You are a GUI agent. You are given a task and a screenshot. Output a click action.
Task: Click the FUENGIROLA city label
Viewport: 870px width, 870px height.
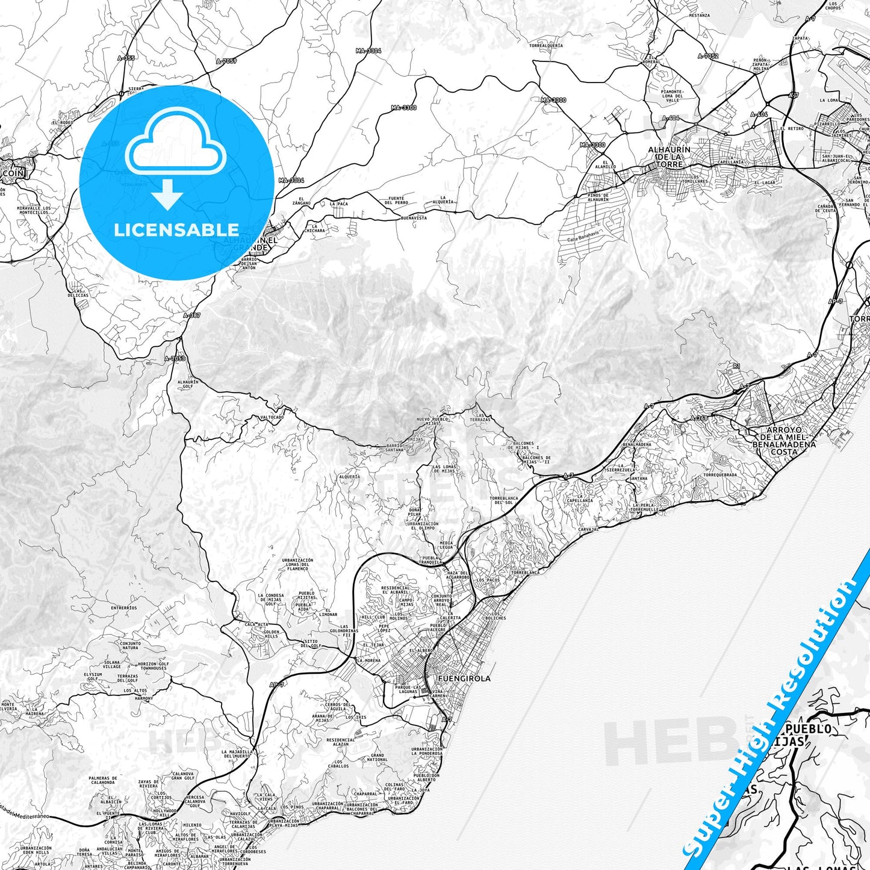464,679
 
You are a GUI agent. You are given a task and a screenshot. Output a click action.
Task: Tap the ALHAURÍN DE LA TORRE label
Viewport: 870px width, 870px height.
669,157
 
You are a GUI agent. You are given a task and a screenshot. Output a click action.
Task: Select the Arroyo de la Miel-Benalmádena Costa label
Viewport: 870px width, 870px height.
784,441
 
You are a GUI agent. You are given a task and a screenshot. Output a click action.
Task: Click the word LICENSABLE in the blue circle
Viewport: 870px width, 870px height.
176,230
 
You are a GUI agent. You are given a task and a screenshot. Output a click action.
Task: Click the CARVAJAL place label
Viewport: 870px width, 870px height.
588,529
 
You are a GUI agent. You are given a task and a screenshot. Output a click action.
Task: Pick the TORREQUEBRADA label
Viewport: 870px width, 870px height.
719,474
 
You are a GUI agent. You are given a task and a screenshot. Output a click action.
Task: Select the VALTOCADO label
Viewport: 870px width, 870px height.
272,417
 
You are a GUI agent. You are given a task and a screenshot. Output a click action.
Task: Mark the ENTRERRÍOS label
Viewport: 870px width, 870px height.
124,608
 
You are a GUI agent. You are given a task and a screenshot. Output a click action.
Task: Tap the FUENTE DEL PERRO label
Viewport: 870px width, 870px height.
396,200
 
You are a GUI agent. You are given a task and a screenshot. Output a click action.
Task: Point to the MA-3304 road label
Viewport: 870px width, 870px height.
368,51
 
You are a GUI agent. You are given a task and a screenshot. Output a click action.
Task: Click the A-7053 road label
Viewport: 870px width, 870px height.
175,359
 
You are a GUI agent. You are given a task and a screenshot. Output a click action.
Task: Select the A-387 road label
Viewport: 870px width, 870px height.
191,315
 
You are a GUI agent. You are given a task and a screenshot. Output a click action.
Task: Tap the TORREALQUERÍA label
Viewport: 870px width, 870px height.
546,46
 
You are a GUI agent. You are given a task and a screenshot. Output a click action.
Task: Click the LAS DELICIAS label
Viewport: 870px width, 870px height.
78,293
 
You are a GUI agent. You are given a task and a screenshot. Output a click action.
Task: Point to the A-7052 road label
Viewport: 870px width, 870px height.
708,56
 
